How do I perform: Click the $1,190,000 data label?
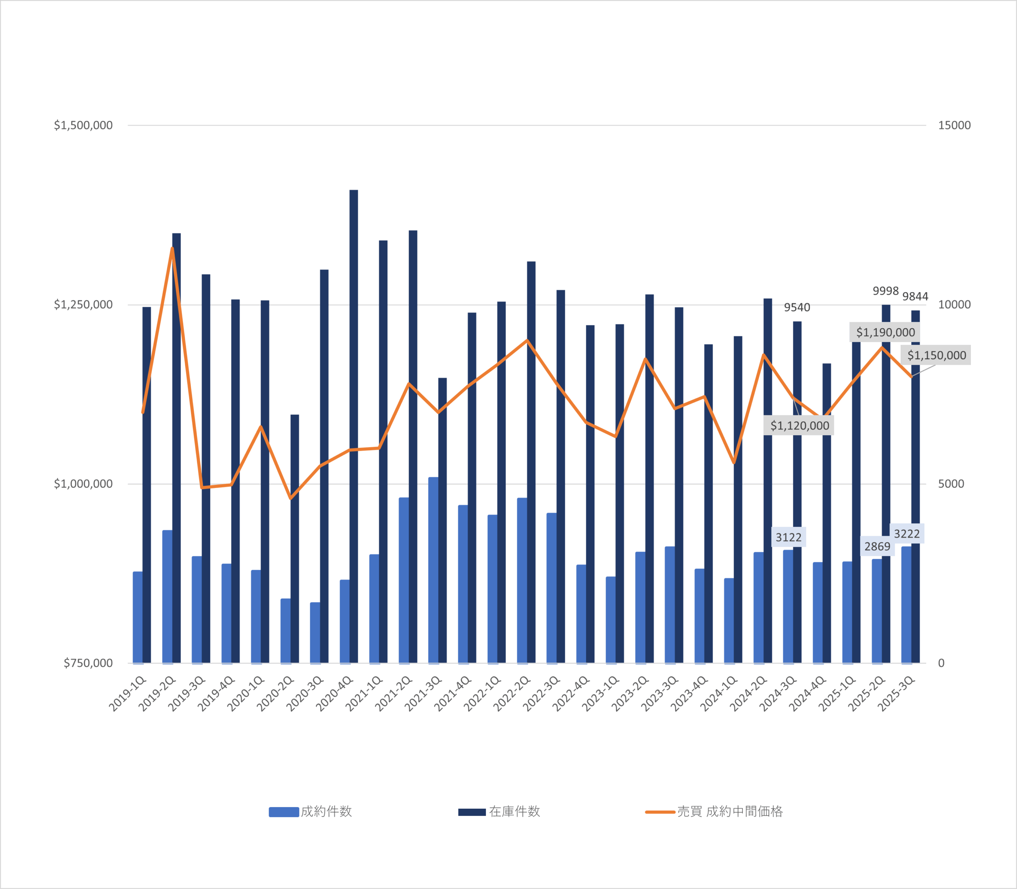point(885,332)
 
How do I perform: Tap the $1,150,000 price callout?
point(936,355)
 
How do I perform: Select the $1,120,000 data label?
point(799,426)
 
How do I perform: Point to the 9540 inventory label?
point(797,308)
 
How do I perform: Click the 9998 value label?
point(886,291)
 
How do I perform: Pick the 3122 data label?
point(789,537)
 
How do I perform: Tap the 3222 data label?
point(907,534)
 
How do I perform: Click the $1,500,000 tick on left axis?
point(83,125)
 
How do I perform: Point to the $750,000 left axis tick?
point(88,663)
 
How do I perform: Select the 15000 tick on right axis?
point(954,125)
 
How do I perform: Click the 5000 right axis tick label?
point(951,484)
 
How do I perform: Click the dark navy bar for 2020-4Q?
point(354,427)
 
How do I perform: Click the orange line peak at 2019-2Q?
point(172,248)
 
